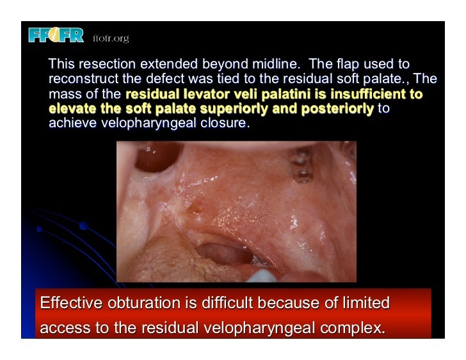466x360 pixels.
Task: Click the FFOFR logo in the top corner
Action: click(x=56, y=36)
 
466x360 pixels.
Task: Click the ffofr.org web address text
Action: click(x=111, y=38)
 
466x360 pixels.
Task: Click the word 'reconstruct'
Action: click(x=82, y=80)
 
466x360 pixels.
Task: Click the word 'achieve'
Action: click(x=71, y=123)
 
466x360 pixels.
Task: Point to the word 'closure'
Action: click(x=221, y=123)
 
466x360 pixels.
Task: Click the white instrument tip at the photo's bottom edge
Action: click(x=261, y=277)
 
